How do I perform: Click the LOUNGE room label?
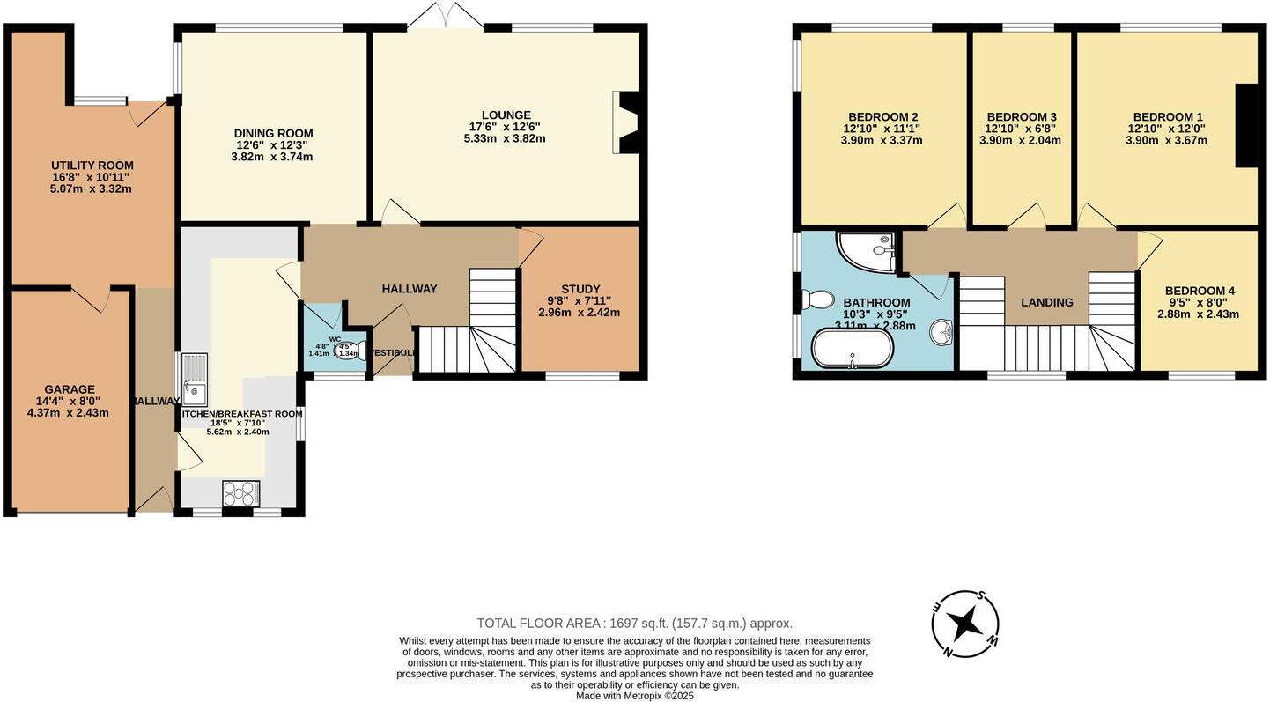pos(506,115)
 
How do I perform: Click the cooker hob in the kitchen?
pos(241,491)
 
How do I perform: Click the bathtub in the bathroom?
pos(852,349)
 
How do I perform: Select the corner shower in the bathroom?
pos(868,250)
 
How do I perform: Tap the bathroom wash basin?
pos(942,332)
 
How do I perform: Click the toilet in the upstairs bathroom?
pos(818,299)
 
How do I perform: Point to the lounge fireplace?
pos(629,122)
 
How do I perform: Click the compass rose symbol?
pos(965,624)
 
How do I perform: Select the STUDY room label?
pos(580,289)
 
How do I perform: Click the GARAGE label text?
pos(69,389)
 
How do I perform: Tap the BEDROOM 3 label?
pos(1022,117)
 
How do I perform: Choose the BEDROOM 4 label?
pos(1200,291)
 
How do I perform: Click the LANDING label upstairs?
pos(1046,302)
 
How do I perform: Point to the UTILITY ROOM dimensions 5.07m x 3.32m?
pos(92,188)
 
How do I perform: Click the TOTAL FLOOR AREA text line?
pos(634,623)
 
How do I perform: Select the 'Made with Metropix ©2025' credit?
pos(634,695)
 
